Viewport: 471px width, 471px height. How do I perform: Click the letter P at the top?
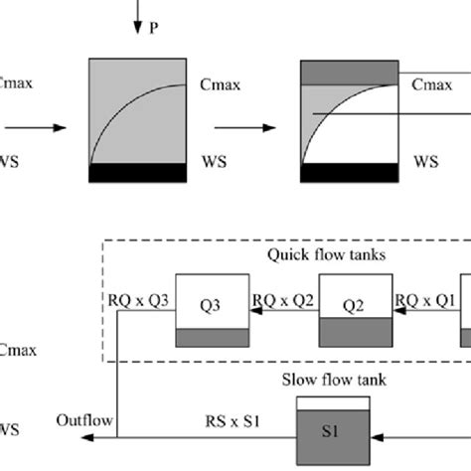[x=153, y=29]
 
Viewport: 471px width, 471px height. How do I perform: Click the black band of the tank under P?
[x=137, y=172]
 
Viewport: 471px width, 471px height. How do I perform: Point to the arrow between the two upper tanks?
[x=237, y=127]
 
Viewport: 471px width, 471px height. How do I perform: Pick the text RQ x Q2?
[x=284, y=299]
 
